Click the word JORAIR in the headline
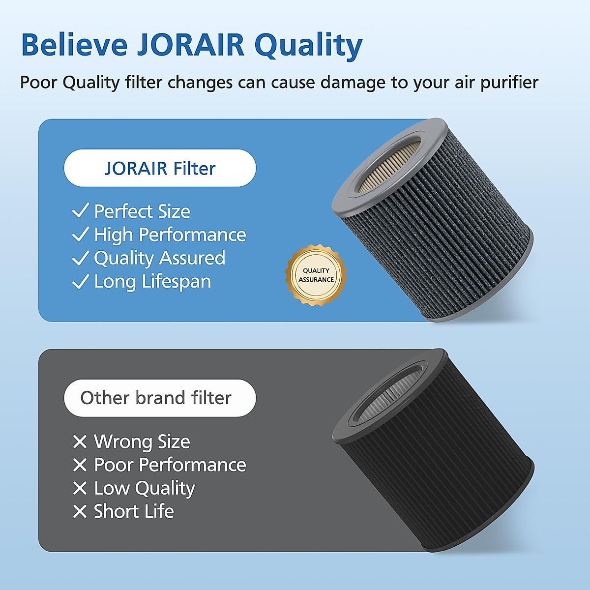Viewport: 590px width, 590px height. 190,45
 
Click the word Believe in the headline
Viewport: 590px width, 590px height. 74,45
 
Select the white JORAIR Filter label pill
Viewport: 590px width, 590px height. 160,168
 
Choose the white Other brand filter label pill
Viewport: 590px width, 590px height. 160,398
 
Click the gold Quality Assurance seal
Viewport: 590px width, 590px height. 316,275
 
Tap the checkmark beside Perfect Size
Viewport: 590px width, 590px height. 81,210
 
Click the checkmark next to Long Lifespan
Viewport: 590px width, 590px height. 81,282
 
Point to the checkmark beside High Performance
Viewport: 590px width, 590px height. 81,234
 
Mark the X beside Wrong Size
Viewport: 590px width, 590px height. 80,442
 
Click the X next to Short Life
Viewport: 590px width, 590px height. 80,512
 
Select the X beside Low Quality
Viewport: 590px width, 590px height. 80,488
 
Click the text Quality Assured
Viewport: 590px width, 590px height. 159,258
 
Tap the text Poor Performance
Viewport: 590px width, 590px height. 170,465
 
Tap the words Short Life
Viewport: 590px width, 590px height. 134,512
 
